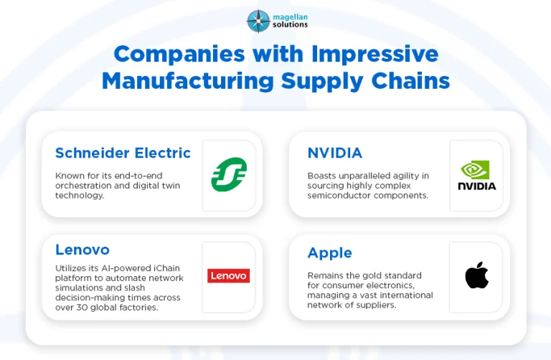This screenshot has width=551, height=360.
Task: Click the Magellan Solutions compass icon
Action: [x=258, y=21]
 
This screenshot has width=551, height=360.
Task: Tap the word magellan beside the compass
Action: [x=291, y=17]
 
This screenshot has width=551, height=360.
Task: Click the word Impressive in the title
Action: [x=375, y=55]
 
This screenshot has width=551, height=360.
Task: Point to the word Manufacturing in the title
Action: [x=188, y=81]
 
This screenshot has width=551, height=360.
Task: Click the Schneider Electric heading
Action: [x=123, y=153]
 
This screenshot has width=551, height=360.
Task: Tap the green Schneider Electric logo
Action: [x=229, y=174]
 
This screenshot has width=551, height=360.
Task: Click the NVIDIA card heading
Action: [x=334, y=153]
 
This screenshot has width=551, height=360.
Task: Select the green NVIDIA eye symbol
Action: [x=475, y=170]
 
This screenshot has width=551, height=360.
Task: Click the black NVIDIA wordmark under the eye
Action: [x=477, y=186]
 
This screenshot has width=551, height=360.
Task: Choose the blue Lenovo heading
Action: [x=83, y=250]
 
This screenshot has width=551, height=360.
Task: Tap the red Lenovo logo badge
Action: [x=228, y=275]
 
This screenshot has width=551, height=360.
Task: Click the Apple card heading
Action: [x=329, y=253]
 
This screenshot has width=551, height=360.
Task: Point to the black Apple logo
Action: [x=477, y=275]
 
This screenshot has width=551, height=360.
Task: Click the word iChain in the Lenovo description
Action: [x=166, y=268]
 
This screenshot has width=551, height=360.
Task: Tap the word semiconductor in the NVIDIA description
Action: [x=339, y=195]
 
